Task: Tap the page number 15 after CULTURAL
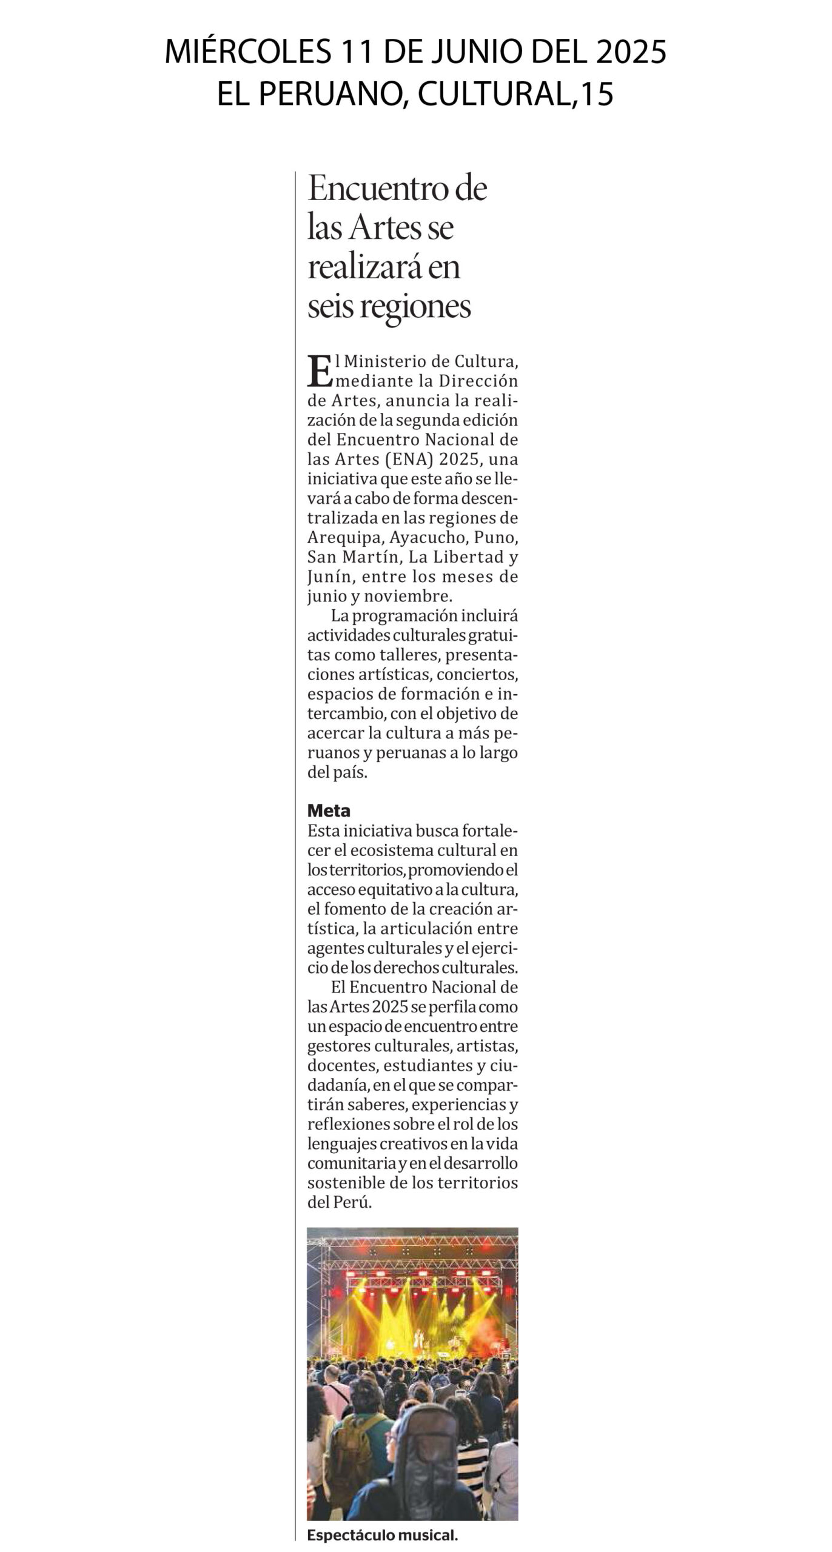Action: (x=597, y=95)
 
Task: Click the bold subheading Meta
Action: (x=329, y=811)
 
